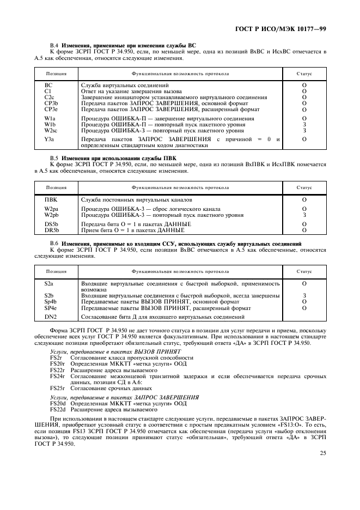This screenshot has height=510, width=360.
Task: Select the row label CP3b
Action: pyautogui.click(x=51, y=102)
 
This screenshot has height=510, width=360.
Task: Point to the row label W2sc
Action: pyautogui.click(x=51, y=130)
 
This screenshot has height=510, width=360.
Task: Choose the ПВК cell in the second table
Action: pyautogui.click(x=51, y=200)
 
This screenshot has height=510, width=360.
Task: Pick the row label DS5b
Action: pyautogui.click(x=51, y=224)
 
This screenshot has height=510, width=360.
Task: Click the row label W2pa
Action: pyautogui.click(x=52, y=209)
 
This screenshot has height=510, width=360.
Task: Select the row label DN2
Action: pyautogui.click(x=51, y=317)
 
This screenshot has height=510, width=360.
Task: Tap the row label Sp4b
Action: pyautogui.click(x=51, y=301)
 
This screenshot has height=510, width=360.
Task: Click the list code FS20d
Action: pyautogui.click(x=57, y=403)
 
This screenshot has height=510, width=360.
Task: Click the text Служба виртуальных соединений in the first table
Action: pyautogui.click(x=125, y=86)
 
